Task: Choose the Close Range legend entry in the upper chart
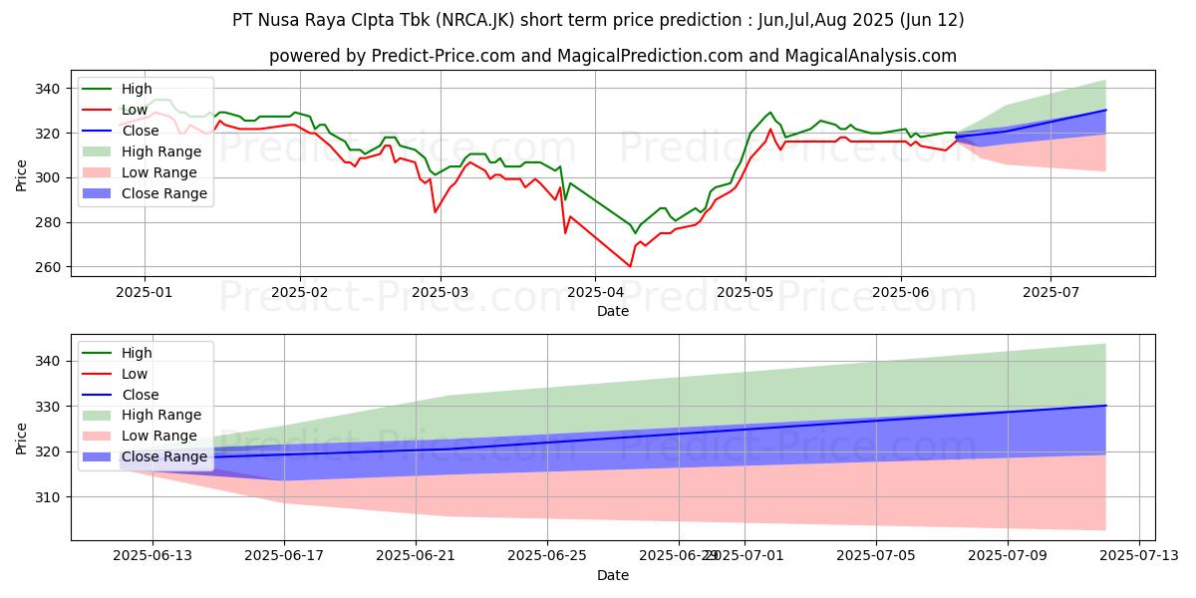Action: point(165,193)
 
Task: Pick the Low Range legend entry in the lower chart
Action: point(160,436)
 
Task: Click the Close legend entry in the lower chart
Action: point(139,395)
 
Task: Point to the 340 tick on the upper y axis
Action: point(50,89)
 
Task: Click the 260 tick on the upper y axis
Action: point(50,267)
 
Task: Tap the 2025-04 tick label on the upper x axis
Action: point(595,293)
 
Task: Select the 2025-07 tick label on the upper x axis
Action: point(1050,293)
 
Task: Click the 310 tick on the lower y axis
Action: point(50,496)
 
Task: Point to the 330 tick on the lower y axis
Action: point(50,407)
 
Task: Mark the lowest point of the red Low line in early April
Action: point(630,266)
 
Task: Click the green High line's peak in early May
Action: point(769,113)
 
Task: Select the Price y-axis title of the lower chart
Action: point(22,438)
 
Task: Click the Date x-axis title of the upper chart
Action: point(612,312)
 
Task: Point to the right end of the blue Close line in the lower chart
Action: point(1105,405)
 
